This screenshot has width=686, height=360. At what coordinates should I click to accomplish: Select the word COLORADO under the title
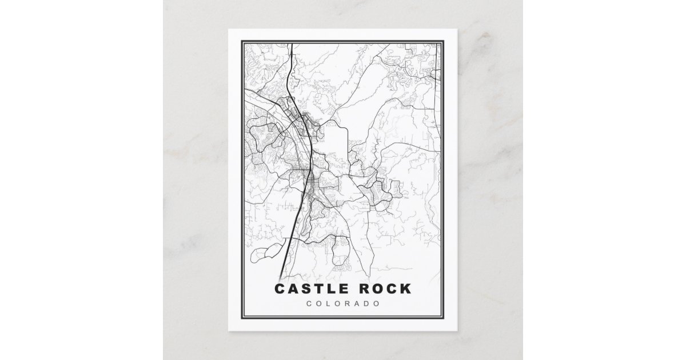pos(342,303)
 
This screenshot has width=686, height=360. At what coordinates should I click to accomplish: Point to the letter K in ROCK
pos(405,289)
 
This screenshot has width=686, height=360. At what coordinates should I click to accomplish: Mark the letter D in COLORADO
pos(366,303)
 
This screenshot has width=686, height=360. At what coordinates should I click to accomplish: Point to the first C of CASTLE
pos(280,289)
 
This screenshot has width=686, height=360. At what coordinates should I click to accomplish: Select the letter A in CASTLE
pos(293,289)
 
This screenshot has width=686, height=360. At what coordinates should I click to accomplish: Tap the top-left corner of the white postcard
pos(229,29)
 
